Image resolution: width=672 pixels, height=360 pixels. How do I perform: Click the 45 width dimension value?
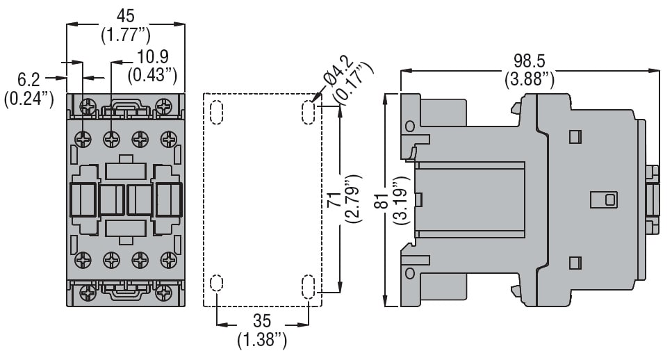pyautogui.click(x=125, y=15)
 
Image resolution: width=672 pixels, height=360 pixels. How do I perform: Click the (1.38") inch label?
pyautogui.click(x=262, y=341)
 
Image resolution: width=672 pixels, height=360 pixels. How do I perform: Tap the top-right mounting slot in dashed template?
pyautogui.click(x=309, y=112)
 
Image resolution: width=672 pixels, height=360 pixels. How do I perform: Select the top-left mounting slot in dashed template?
pyautogui.click(x=216, y=112)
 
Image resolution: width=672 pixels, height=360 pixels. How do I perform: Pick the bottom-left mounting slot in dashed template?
pyautogui.click(x=216, y=283)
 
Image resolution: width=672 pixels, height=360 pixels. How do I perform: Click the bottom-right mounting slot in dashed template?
pyautogui.click(x=309, y=285)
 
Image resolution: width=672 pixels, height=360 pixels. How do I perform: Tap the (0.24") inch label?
pyautogui.click(x=29, y=99)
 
